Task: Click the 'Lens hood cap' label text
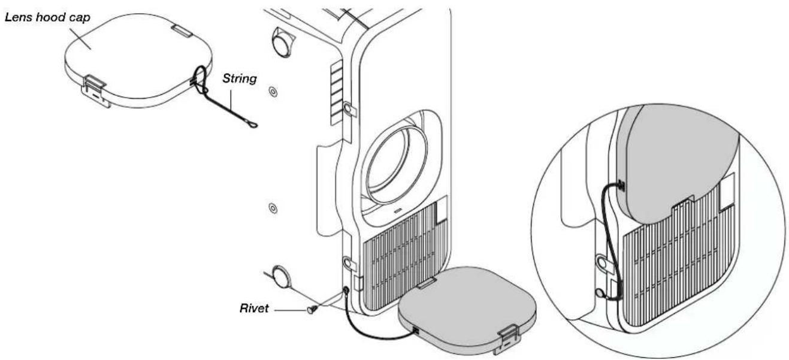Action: pyautogui.click(x=47, y=17)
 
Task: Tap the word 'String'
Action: pyautogui.click(x=240, y=78)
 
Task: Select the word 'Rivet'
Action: pyautogui.click(x=254, y=308)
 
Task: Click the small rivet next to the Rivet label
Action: pyautogui.click(x=312, y=310)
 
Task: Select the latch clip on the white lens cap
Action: pyautogui.click(x=95, y=91)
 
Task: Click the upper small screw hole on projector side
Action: pyautogui.click(x=273, y=92)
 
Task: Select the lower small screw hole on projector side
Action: pyautogui.click(x=273, y=208)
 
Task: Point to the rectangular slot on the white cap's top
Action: pyautogui.click(x=182, y=31)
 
